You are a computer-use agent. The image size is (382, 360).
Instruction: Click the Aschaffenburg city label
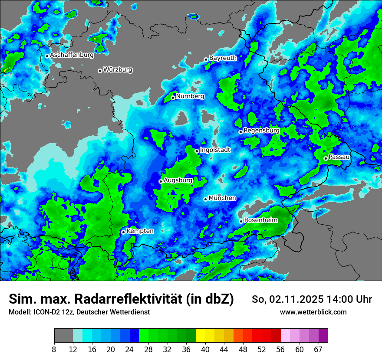pyautogui.click(x=72, y=56)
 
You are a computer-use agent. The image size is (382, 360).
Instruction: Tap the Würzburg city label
pyautogui.click(x=118, y=70)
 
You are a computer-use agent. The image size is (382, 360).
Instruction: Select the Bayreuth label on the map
pyautogui.click(x=223, y=58)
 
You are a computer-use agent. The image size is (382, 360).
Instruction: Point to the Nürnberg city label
pyautogui.click(x=190, y=96)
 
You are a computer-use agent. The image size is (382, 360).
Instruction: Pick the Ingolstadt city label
pyautogui.click(x=215, y=150)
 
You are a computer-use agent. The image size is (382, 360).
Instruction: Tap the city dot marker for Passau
pyautogui.click(x=326, y=158)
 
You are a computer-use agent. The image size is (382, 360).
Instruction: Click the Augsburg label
pyautogui.click(x=178, y=180)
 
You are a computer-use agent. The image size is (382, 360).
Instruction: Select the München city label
pyautogui.click(x=222, y=198)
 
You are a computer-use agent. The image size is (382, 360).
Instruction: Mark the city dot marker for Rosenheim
pyautogui.click(x=241, y=221)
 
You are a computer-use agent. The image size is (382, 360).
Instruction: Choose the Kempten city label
pyautogui.click(x=140, y=231)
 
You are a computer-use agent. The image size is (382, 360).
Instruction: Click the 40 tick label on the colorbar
pyautogui.click(x=205, y=350)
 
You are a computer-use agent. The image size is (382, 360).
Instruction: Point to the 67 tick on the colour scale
pyautogui.click(x=318, y=350)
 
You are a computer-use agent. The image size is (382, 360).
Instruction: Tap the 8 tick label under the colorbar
pyautogui.click(x=54, y=350)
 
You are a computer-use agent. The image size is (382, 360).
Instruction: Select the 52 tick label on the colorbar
pyautogui.click(x=262, y=350)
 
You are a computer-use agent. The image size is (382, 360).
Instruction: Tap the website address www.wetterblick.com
pyautogui.click(x=313, y=312)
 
